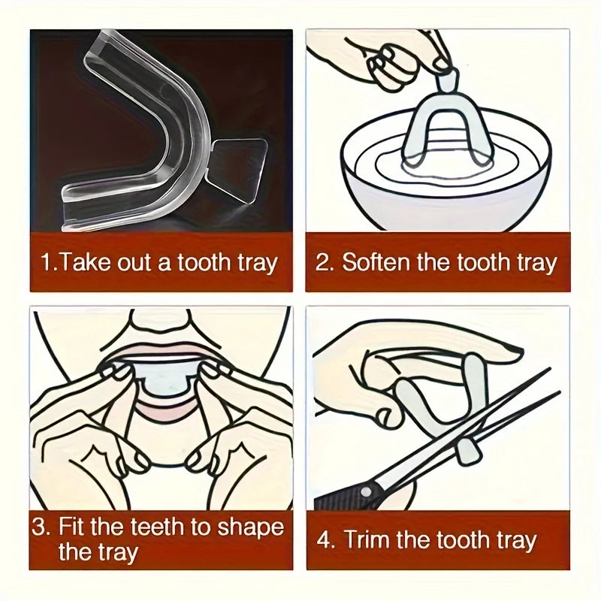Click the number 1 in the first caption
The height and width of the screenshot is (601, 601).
tap(47, 262)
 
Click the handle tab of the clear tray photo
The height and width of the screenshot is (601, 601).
tap(239, 166)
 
